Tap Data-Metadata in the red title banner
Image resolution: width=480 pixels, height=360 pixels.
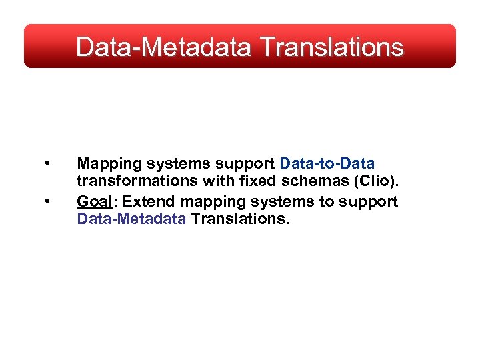(163, 47)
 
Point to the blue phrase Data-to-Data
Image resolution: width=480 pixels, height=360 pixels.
(327, 163)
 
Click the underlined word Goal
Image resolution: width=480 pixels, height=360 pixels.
(93, 201)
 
